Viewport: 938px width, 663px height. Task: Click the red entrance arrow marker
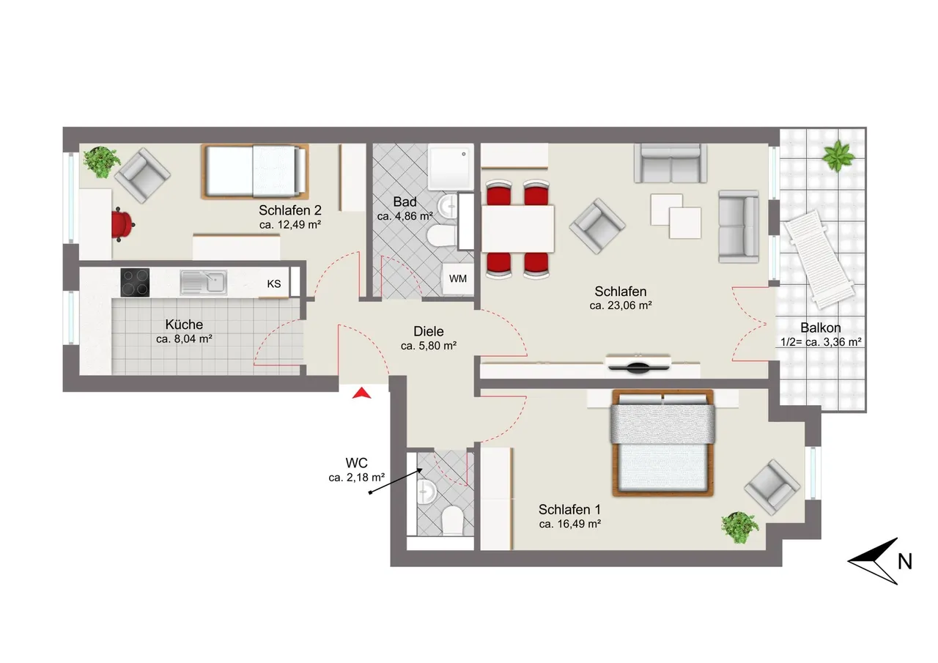pos(362,393)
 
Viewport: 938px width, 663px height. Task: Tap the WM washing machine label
pos(458,279)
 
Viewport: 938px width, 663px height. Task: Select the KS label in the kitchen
pos(274,284)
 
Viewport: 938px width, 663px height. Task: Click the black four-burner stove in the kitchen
pos(135,283)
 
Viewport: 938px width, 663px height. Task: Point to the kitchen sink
pos(204,282)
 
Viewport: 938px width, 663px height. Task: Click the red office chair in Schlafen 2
pos(122,224)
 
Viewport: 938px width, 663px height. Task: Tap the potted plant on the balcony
pos(838,156)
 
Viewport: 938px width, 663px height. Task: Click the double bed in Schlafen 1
pos(662,443)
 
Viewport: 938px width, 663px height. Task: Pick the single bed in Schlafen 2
pos(255,171)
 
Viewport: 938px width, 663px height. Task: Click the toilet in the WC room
pos(451,520)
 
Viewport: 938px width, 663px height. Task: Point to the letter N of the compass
pos(905,561)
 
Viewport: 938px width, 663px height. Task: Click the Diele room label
pos(429,331)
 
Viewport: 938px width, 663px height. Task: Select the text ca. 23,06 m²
pos(621,305)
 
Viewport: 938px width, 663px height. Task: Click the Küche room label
pos(184,325)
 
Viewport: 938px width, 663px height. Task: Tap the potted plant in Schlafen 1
pos(739,527)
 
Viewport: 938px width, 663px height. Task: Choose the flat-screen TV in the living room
pos(638,366)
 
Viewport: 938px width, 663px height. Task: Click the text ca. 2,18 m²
pos(357,477)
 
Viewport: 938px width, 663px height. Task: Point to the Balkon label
pos(821,327)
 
